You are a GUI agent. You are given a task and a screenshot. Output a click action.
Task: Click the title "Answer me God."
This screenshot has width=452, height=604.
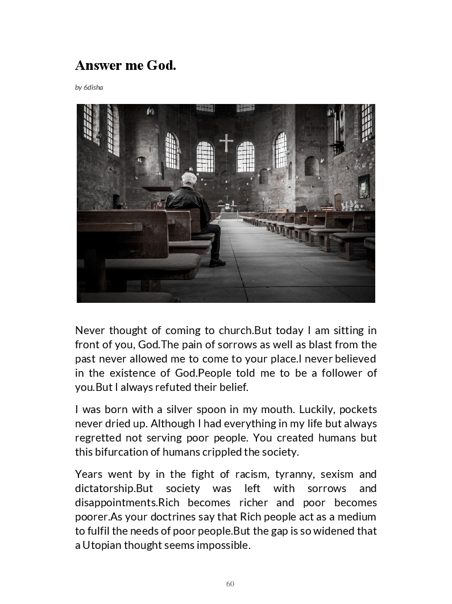126,65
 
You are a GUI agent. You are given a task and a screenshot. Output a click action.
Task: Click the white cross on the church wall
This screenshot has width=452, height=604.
226,143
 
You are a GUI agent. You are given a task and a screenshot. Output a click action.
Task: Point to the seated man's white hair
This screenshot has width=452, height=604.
189,179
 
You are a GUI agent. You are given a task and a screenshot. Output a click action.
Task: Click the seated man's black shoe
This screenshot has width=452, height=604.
217,263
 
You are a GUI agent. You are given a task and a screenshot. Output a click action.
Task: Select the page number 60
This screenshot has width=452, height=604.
230,584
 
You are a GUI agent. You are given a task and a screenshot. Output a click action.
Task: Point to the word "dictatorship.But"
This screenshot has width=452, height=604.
115,489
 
